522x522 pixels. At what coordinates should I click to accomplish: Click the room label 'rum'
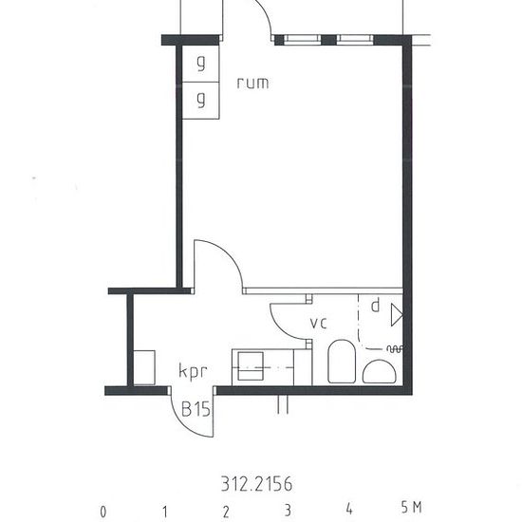[252, 83]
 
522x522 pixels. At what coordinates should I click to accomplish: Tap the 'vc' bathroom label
[319, 324]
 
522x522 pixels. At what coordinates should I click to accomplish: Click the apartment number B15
[196, 410]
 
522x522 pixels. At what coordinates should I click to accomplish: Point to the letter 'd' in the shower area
[375, 306]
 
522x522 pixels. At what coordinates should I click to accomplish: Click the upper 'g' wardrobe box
[200, 65]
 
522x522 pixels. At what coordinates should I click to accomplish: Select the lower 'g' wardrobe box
[200, 100]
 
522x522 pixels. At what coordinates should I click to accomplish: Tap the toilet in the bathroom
[341, 364]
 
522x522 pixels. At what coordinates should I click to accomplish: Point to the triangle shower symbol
[397, 309]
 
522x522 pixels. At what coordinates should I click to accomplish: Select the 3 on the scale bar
[287, 510]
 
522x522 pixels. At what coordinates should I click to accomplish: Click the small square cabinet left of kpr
[144, 367]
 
